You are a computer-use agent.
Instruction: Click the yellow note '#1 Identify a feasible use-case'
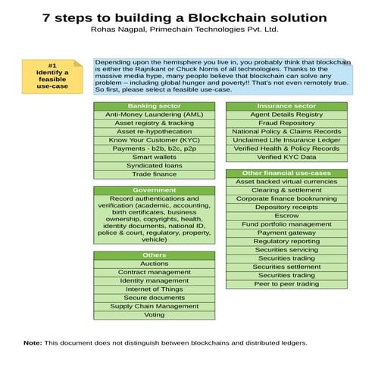click(x=52, y=77)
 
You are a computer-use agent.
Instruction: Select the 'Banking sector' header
click(x=155, y=106)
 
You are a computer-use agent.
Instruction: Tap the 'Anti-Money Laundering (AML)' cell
click(x=155, y=114)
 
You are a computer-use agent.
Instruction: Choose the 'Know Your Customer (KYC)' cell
click(x=155, y=140)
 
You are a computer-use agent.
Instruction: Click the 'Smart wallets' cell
click(x=155, y=157)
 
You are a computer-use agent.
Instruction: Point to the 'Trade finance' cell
click(x=155, y=174)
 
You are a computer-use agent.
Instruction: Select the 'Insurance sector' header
click(x=286, y=106)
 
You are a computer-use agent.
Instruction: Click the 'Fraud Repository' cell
click(x=286, y=123)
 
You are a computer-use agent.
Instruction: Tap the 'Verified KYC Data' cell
click(x=286, y=157)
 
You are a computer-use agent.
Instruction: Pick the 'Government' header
click(x=155, y=190)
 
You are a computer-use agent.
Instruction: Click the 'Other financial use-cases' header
click(x=286, y=173)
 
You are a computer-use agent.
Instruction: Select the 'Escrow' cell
click(x=286, y=216)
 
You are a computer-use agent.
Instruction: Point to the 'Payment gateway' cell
click(x=286, y=233)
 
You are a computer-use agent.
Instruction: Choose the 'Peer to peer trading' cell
click(x=286, y=284)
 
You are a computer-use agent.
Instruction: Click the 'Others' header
click(x=155, y=255)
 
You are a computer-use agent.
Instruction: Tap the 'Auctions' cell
click(x=155, y=264)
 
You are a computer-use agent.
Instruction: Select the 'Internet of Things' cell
click(x=155, y=289)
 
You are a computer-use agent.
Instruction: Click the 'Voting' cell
click(x=155, y=315)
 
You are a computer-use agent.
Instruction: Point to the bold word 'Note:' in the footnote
click(x=33, y=343)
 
